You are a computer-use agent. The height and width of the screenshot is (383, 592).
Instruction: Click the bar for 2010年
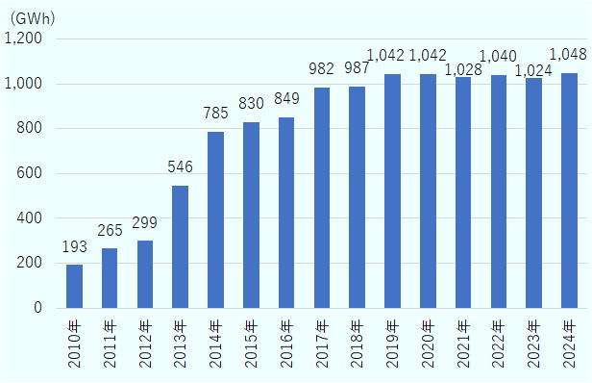74,287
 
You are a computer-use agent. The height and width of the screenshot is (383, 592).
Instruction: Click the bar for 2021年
463,192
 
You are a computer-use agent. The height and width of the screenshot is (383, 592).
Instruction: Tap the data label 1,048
568,55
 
